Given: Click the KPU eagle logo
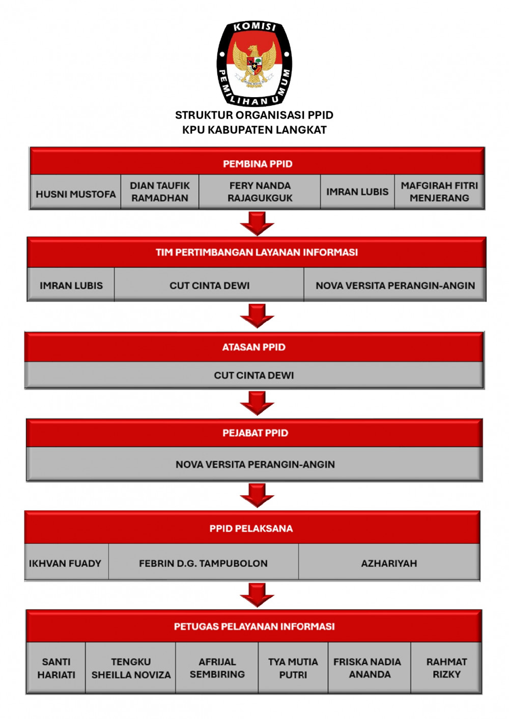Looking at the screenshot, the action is (x=254, y=64).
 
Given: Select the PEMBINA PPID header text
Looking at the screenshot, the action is (x=258, y=164).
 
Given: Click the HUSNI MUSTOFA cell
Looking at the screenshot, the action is (x=75, y=192).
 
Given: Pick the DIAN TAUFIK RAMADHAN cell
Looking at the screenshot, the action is (x=160, y=192).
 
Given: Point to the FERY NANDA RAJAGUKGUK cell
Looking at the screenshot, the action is (x=260, y=192).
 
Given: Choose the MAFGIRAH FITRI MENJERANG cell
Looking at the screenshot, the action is (x=439, y=192).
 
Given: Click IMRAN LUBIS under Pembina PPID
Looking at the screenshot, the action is (x=357, y=192).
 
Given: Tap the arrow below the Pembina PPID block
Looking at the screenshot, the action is (x=257, y=223).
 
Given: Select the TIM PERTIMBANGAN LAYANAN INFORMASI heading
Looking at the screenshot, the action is (x=257, y=252).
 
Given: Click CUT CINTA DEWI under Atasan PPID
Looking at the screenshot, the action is (x=253, y=375).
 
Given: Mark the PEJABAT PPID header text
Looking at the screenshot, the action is (x=256, y=433).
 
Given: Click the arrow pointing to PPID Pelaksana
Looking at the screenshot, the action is (x=257, y=496).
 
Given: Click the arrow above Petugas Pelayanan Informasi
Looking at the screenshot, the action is (x=257, y=595).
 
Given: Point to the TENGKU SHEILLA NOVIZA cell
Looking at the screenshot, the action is (x=131, y=668).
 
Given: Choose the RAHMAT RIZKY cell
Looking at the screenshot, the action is (x=446, y=668).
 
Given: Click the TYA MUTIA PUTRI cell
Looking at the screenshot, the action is (x=293, y=668).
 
